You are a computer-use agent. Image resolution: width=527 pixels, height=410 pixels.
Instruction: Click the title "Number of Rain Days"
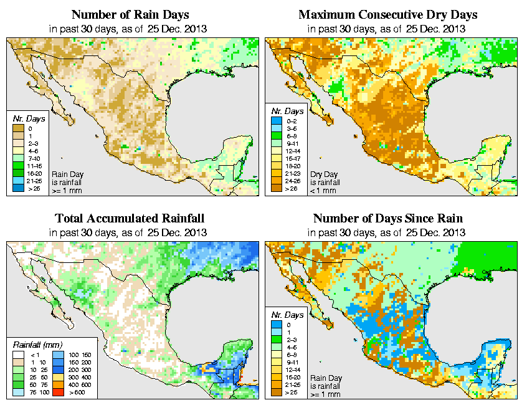pyautogui.click(x=130, y=14)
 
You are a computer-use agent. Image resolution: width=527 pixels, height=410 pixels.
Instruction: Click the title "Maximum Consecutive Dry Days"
pyautogui.click(x=387, y=14)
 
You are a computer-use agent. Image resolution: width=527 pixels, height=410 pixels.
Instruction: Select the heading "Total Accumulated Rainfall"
pyautogui.click(x=130, y=219)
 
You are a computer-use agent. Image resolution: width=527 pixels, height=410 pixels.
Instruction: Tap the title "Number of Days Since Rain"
pyautogui.click(x=387, y=219)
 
